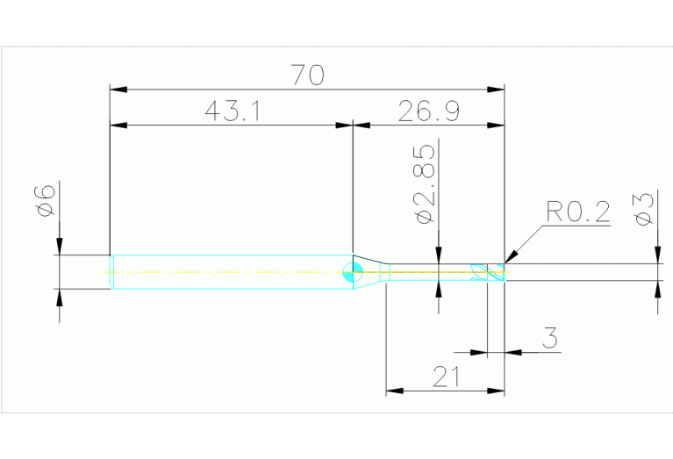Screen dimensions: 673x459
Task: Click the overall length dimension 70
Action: click(307, 75)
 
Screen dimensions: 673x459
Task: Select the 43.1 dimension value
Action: click(229, 111)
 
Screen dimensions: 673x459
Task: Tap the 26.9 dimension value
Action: click(429, 111)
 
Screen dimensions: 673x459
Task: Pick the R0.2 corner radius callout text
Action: click(576, 212)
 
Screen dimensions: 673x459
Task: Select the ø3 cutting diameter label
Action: click(644, 208)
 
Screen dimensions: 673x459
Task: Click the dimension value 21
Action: click(446, 377)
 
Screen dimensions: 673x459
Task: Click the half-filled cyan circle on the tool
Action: click(353, 272)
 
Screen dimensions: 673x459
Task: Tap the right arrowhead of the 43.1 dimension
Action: click(344, 126)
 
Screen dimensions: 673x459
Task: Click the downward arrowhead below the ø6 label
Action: click(59, 247)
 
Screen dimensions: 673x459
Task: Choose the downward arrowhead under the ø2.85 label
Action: click(438, 255)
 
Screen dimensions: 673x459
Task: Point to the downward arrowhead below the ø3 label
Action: click(657, 255)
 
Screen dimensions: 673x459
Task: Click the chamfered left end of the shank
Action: click(111, 272)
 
